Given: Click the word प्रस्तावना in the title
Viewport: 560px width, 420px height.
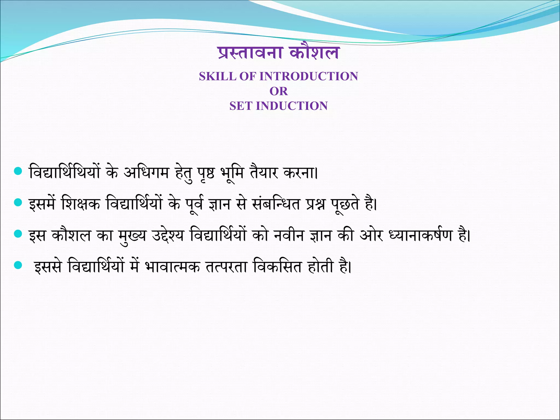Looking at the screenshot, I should tap(250, 53).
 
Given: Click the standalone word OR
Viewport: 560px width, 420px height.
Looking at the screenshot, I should tap(279, 91).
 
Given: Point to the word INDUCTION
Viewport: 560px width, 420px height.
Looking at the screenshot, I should tap(292, 106).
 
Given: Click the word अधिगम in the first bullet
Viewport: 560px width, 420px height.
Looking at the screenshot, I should tap(146, 173).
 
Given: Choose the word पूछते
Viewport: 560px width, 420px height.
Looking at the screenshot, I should tap(345, 204).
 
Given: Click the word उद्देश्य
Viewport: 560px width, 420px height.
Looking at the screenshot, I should tap(168, 236).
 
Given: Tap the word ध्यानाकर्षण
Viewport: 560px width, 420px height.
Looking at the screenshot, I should tap(420, 236).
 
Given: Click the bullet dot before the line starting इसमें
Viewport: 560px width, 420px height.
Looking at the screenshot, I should tap(18, 203).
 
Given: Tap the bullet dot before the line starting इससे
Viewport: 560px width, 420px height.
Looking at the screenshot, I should tap(18, 265).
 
